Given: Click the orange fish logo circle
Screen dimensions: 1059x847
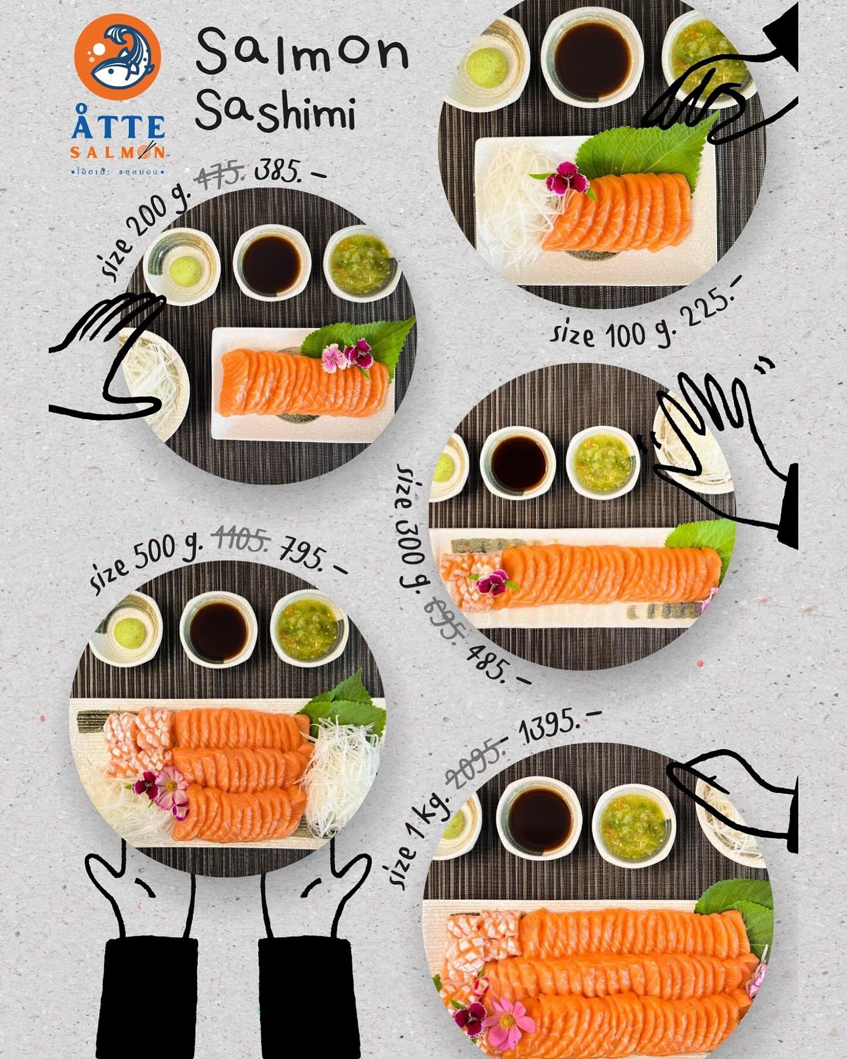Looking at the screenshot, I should [118, 56].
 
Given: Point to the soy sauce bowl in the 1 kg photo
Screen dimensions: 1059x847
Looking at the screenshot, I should [539, 818].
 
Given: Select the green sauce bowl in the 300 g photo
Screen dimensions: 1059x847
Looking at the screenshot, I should [602, 463].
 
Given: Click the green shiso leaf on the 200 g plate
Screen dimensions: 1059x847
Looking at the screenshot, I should [362, 341].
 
